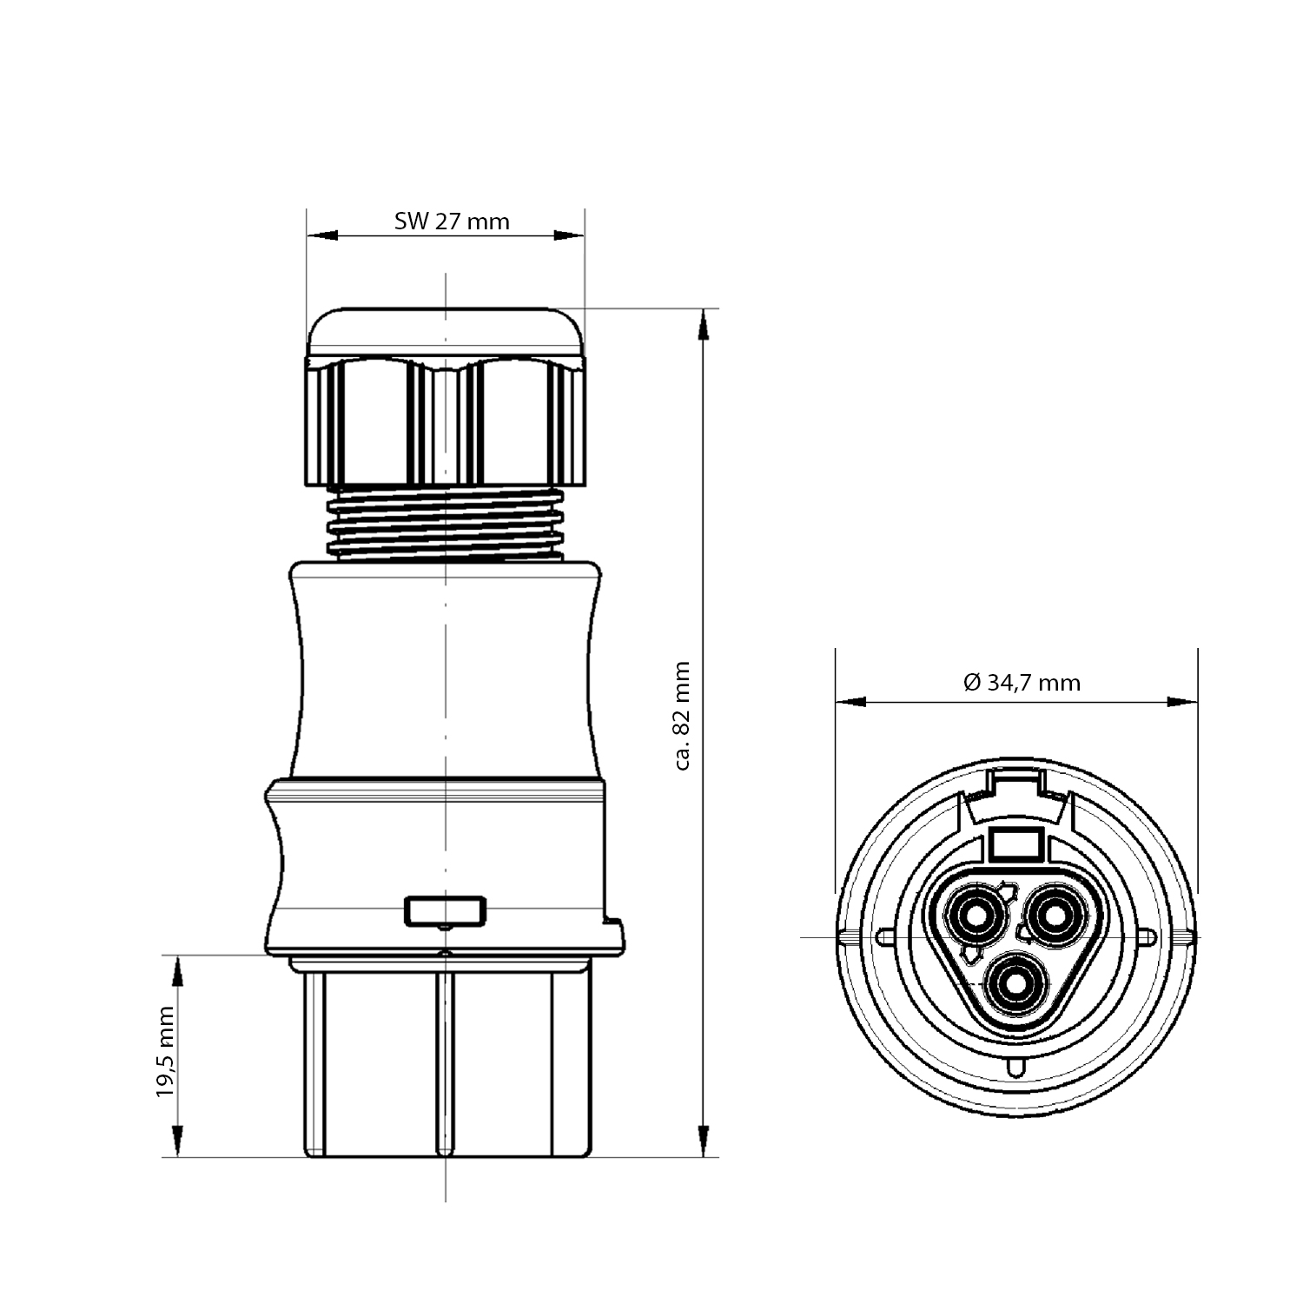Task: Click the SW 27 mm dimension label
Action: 452,222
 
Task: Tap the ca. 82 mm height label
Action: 682,716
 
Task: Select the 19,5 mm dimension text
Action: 166,1052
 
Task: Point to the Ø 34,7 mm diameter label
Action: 1022,683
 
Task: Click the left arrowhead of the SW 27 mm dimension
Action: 322,235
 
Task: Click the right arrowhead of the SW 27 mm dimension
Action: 569,235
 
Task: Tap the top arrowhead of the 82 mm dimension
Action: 703,324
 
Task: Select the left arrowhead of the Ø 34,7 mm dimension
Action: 850,702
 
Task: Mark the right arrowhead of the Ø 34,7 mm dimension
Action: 1181,702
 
